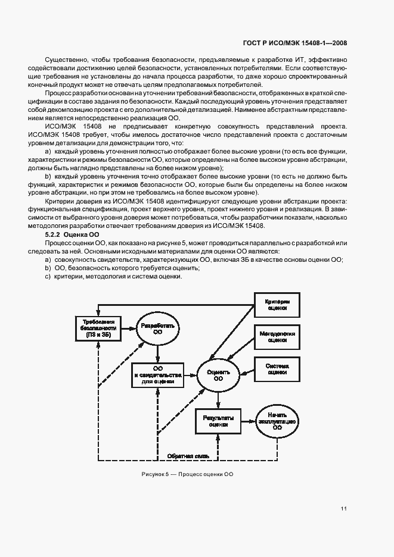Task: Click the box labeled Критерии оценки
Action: [277, 305]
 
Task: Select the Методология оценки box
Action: [277, 337]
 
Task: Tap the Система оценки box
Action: [277, 368]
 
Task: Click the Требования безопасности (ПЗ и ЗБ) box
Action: [98, 328]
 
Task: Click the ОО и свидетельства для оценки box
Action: [159, 375]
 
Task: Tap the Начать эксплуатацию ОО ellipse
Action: [277, 421]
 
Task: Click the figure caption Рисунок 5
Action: [187, 474]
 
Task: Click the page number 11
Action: [344, 508]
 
